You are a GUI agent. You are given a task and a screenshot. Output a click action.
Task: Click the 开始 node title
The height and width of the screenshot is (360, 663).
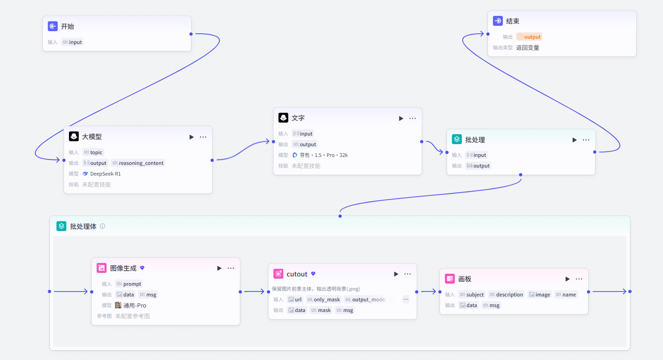point(68,26)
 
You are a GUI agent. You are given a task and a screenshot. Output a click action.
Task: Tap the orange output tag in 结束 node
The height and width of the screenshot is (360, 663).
point(529,37)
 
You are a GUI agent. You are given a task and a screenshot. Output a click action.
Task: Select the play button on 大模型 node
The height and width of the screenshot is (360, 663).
point(192,137)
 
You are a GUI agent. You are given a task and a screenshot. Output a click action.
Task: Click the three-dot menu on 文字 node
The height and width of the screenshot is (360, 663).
point(412,118)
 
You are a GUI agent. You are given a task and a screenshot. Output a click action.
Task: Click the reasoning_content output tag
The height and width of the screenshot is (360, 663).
point(138,163)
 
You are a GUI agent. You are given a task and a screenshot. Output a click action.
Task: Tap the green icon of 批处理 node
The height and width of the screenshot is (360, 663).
point(457,139)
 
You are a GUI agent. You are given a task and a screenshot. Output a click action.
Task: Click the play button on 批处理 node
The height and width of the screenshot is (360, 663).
point(575,140)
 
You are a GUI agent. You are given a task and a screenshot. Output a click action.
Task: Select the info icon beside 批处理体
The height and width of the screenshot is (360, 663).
point(102,226)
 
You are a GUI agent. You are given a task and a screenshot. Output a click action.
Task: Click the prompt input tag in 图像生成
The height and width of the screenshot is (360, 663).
point(129,284)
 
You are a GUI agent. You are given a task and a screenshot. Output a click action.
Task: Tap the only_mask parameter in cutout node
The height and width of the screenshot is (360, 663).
point(324,300)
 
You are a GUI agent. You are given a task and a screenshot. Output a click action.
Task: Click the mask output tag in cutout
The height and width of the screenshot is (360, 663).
point(321,310)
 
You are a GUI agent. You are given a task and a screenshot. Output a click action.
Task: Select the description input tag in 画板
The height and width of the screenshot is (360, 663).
point(506,295)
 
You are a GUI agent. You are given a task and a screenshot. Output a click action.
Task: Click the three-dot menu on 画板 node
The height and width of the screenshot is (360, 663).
point(579,279)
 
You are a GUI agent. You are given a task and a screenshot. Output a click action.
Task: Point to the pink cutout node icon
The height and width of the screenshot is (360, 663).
point(278,274)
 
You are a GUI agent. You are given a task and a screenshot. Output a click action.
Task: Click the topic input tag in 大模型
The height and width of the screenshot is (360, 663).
point(93,152)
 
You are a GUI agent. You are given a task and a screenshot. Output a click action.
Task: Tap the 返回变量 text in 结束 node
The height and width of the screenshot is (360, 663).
point(527,48)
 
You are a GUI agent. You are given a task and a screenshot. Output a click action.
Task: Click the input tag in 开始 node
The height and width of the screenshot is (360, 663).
point(72,42)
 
